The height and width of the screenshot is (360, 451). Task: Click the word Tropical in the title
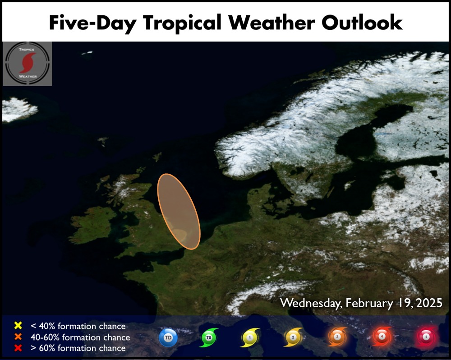tap(182, 23)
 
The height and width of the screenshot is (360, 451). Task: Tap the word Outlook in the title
tap(362, 22)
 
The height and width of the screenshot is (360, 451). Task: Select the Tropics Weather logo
tap(28, 64)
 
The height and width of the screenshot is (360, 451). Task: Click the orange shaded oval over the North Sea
tap(179, 212)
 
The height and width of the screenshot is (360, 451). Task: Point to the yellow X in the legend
tap(18, 325)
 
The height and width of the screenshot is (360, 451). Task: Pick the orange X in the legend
tap(18, 337)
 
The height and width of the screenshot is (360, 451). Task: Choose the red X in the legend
tap(18, 348)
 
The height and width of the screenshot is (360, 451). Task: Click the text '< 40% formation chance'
tap(78, 326)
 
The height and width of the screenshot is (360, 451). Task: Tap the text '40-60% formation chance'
tap(80, 337)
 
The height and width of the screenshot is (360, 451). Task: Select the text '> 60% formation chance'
tap(78, 348)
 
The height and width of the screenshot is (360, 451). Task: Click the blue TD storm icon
tap(168, 337)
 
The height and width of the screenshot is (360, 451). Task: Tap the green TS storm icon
tap(209, 337)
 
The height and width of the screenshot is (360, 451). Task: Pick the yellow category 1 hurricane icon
tap(250, 337)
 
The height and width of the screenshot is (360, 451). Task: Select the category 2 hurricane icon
tap(293, 337)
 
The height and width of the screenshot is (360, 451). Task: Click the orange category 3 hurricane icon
tap(337, 337)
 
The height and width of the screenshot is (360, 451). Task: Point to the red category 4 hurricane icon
tap(382, 336)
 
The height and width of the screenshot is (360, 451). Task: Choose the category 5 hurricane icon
tap(427, 337)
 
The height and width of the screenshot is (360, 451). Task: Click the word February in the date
tap(369, 304)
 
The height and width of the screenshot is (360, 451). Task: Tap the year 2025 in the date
tap(429, 303)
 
